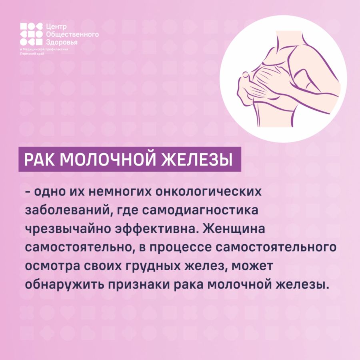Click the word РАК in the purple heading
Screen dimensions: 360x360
pyautogui.click(x=39, y=159)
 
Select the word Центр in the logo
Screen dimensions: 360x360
pyautogui.click(x=56, y=27)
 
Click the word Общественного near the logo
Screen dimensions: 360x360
pyautogui.click(x=72, y=34)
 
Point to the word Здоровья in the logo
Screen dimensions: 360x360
pyautogui.click(x=62, y=42)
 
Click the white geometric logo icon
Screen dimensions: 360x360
pyautogui.click(x=31, y=34)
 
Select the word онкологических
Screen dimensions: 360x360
pyautogui.click(x=208, y=191)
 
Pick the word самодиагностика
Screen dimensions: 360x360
pyautogui.click(x=200, y=210)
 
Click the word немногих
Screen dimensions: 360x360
pyautogui.click(x=120, y=191)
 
